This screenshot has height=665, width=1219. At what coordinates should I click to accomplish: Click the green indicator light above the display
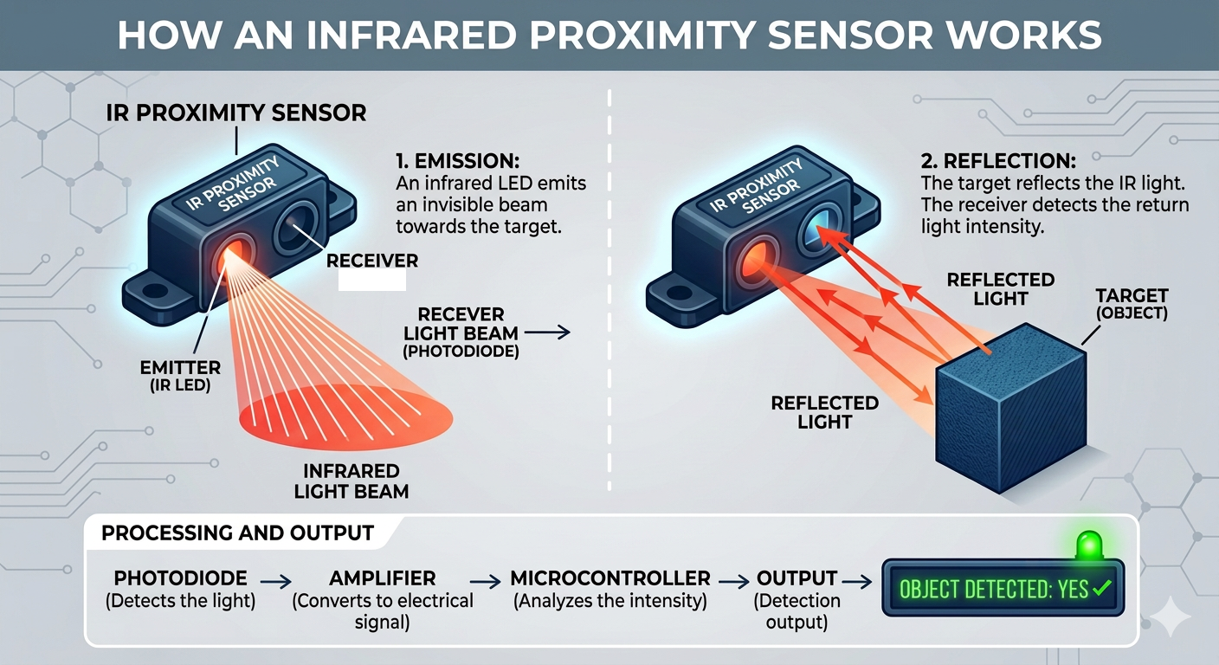point(1089,546)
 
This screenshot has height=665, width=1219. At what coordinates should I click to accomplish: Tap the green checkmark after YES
point(1102,587)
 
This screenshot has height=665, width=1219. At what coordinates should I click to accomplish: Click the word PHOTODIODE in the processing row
point(180,578)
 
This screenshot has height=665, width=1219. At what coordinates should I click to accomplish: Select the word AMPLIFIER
point(382,578)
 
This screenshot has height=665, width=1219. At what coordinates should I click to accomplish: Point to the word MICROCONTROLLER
point(610,578)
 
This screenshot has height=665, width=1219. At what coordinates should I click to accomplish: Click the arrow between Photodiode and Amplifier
point(275,582)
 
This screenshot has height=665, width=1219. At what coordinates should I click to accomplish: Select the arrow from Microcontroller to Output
point(733,582)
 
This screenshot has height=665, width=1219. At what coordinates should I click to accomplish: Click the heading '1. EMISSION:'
point(458,161)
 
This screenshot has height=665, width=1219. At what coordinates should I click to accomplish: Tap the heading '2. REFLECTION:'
point(998,161)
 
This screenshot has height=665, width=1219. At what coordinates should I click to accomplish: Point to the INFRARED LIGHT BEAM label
point(352,481)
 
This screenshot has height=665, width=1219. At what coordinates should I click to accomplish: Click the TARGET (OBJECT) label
point(1132,304)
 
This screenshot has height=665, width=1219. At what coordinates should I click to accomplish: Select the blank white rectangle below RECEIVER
point(372,281)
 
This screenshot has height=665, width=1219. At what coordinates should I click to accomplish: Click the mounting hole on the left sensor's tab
point(155,290)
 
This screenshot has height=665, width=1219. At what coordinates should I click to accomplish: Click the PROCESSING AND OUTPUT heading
point(237,533)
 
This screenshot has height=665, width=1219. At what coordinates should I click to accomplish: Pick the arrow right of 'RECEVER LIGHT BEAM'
point(547,332)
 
